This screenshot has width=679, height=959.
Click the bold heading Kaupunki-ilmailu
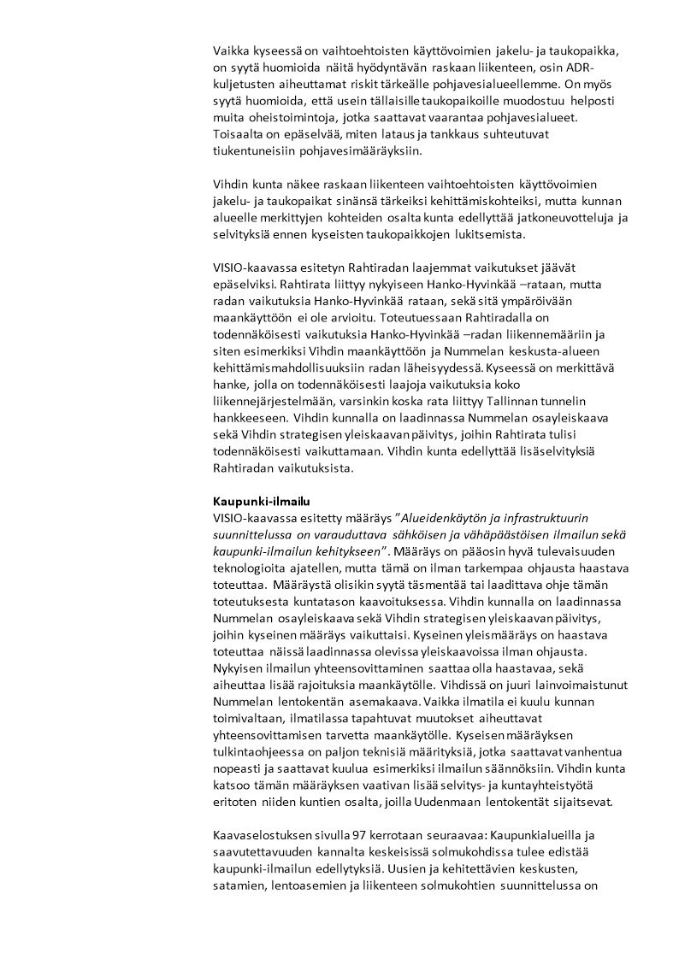255,501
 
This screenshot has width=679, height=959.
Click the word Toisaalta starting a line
239,134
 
